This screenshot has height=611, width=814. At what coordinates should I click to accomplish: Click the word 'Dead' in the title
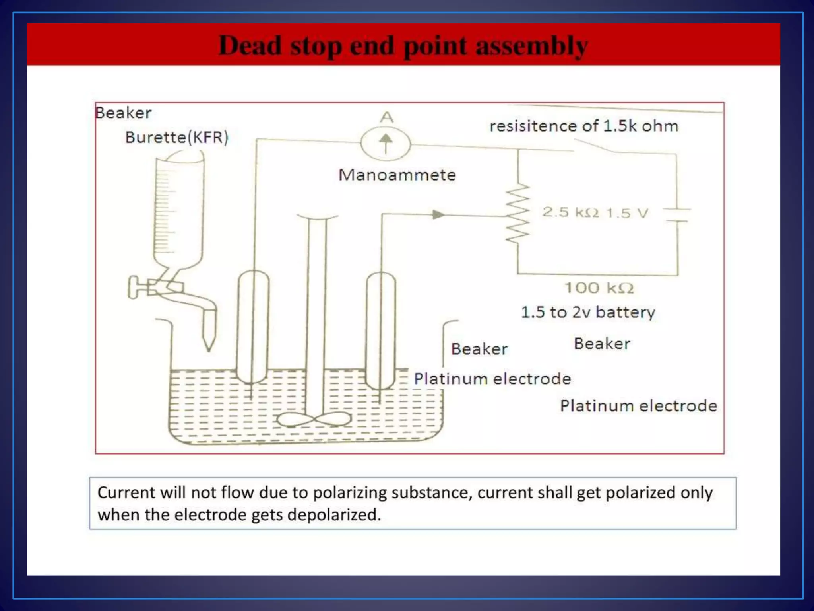pos(250,45)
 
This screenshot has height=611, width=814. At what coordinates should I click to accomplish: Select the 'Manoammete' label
pos(397,175)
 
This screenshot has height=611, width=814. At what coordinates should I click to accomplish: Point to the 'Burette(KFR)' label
pos(177,137)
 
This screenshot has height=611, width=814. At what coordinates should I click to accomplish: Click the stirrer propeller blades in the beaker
pos(314,419)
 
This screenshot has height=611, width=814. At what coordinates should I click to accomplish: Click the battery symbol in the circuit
pos(677,215)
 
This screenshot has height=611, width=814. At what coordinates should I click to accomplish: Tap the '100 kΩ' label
pos(599,288)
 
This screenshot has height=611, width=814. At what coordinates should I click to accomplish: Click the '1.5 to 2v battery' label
pos(588,312)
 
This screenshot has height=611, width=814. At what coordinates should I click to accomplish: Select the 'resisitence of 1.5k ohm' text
pos(583,126)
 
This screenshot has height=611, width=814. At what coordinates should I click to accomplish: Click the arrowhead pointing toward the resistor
pos(438,215)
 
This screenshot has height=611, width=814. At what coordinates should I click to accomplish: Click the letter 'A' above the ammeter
pos(386,117)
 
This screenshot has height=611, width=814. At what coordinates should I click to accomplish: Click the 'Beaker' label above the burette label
pos(123,113)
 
